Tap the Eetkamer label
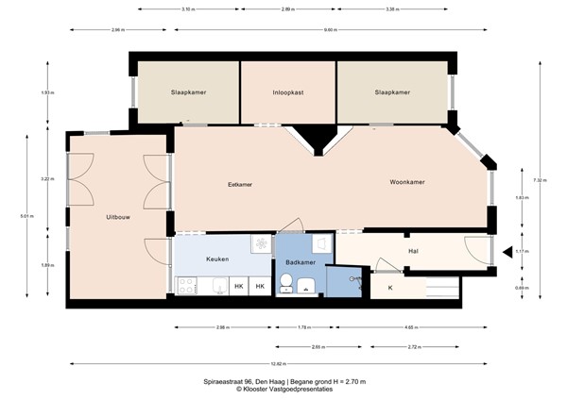tap(240, 185)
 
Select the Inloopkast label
tap(287, 92)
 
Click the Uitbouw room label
tap(118, 218)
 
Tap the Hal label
tap(413, 252)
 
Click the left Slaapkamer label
tap(188, 92)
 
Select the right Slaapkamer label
tap(392, 92)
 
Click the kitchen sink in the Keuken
tap(258, 244)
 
